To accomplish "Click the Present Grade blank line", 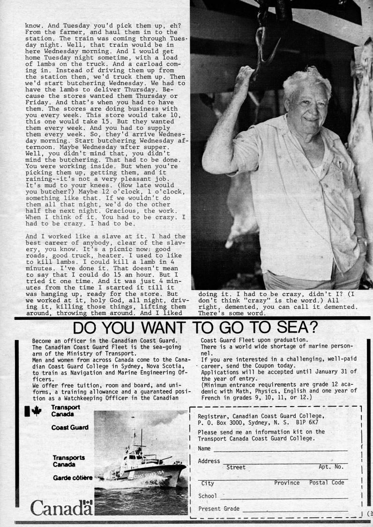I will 295,509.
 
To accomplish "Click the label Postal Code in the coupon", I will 327,482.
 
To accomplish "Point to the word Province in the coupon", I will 287,482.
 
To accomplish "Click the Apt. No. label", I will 331,467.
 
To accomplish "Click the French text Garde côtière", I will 72,478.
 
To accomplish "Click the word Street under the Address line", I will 236,467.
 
